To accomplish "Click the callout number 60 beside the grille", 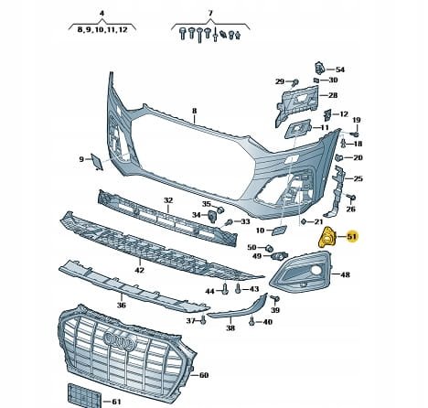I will [203, 375].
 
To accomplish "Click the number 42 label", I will [139, 270].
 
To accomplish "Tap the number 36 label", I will [121, 305].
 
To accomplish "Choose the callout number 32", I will [167, 199].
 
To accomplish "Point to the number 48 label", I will [345, 274].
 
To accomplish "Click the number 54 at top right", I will [340, 70].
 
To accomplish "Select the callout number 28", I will [332, 95].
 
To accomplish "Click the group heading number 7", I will [209, 14].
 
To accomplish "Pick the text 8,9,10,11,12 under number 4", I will [102, 30].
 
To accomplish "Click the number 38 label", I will [230, 327].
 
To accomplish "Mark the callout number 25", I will [358, 178].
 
